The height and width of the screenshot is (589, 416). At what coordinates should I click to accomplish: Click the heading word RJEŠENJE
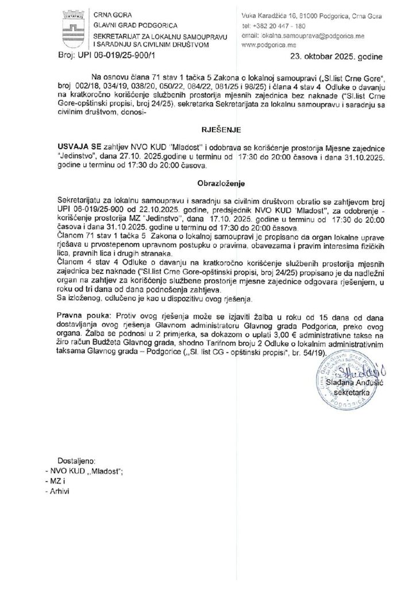tap(207, 131)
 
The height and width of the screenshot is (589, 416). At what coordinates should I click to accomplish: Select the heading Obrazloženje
tap(207, 185)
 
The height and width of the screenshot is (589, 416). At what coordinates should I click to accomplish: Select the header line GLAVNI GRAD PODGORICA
tap(130, 25)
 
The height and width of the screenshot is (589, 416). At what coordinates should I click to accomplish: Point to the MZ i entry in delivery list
tap(58, 481)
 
